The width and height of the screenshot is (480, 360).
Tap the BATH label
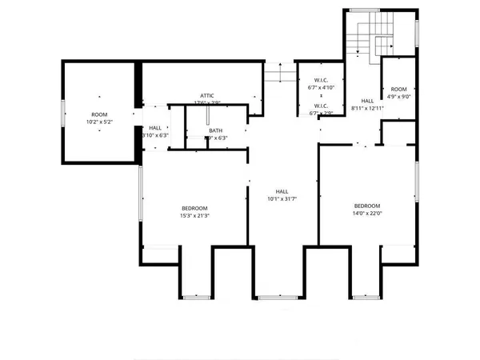tap(215, 130)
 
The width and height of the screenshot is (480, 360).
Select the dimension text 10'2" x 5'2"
tap(98, 122)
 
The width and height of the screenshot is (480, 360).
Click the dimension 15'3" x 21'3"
tap(194, 215)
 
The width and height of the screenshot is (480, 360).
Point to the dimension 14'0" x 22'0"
tap(368, 213)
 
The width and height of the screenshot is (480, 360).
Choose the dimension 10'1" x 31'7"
tap(282, 199)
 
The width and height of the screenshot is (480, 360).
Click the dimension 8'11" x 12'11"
tap(368, 108)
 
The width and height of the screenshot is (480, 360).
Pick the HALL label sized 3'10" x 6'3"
tap(155, 135)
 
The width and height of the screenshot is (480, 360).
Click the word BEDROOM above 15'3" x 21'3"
tap(194, 207)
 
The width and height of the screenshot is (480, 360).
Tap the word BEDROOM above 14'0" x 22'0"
tap(368, 205)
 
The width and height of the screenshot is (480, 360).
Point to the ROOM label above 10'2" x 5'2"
tap(98, 114)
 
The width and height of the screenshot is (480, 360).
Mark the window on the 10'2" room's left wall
tap(63, 114)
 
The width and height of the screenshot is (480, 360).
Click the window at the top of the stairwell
tap(364, 10)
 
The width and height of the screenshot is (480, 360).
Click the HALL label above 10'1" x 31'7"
tap(282, 191)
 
